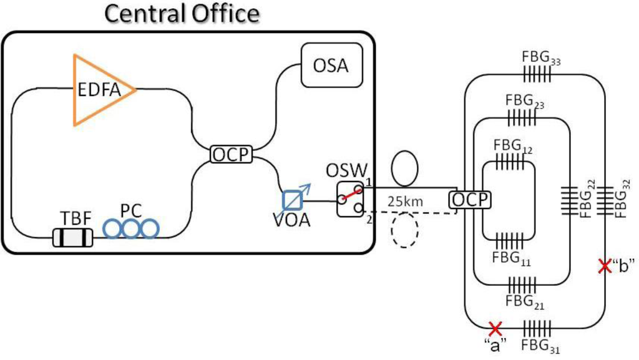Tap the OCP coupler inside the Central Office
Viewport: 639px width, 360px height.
(231, 154)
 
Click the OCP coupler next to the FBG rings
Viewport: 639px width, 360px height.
(470, 200)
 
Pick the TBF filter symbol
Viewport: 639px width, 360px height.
(72, 237)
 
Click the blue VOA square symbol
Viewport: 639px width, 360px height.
(291, 200)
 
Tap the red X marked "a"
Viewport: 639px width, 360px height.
(495, 327)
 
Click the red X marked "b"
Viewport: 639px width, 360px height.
(603, 266)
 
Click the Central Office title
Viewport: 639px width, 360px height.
(182, 14)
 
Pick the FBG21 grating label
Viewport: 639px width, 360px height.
(523, 302)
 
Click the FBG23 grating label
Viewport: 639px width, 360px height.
(524, 101)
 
